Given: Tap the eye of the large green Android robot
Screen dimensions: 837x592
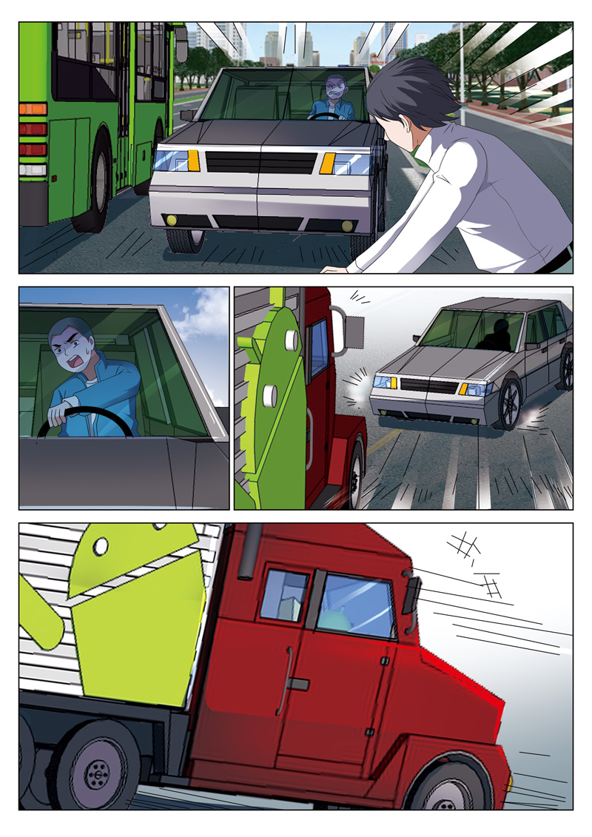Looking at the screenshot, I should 101,547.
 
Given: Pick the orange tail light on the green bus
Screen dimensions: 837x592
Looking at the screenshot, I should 32,109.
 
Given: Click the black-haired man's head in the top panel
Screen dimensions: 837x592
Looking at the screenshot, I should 411,96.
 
